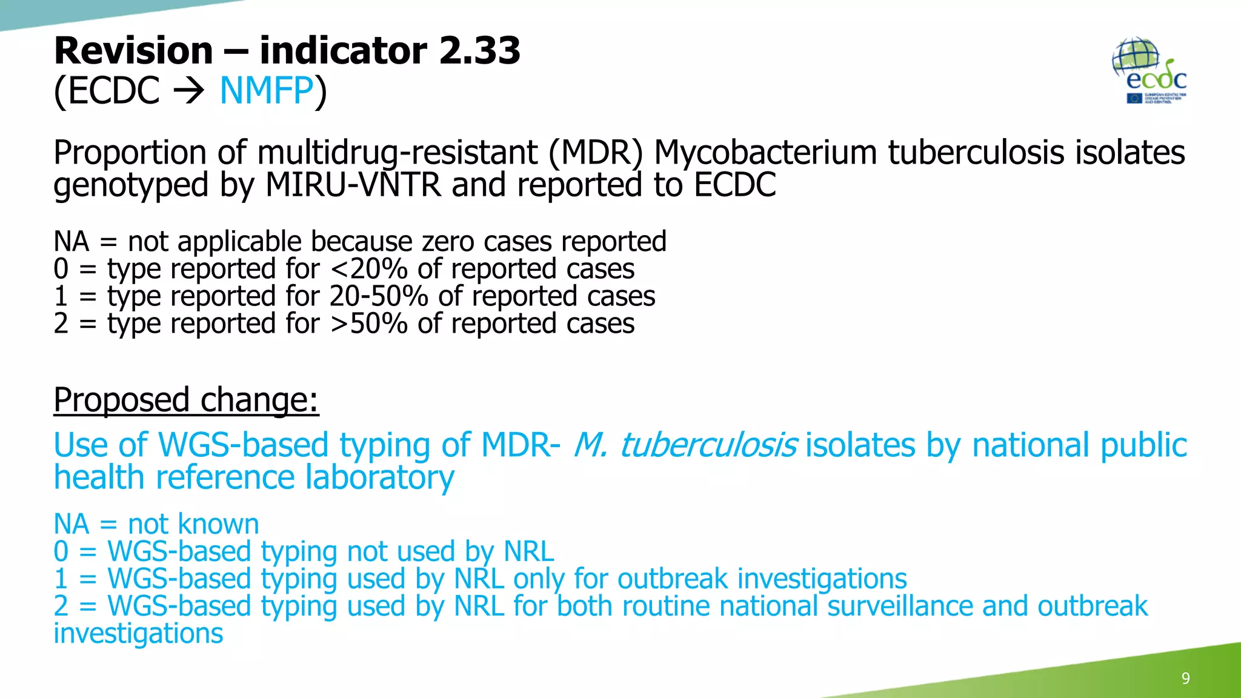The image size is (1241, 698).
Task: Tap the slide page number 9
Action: [1185, 678]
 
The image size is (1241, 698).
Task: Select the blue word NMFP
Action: [267, 91]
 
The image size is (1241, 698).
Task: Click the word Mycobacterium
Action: [765, 152]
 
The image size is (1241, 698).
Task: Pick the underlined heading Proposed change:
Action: [186, 400]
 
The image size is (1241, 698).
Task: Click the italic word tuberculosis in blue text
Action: [708, 445]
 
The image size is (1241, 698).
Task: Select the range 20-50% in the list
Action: [379, 296]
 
